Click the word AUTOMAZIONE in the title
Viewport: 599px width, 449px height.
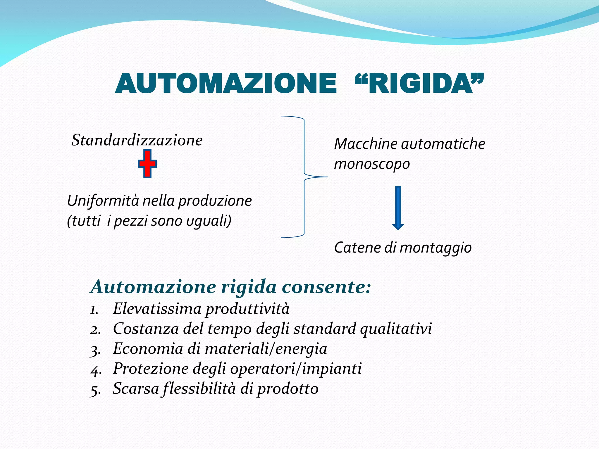(226, 84)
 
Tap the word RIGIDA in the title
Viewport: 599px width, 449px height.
(420, 84)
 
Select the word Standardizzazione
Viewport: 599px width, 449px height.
(137, 140)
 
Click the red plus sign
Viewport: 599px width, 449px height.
(147, 164)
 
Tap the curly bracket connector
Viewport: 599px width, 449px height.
(304, 177)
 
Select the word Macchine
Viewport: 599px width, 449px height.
(366, 144)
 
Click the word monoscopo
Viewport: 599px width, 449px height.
(372, 164)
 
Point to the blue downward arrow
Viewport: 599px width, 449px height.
(398, 208)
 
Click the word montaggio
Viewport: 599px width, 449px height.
(436, 248)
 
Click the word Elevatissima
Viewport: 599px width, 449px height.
(157, 309)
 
